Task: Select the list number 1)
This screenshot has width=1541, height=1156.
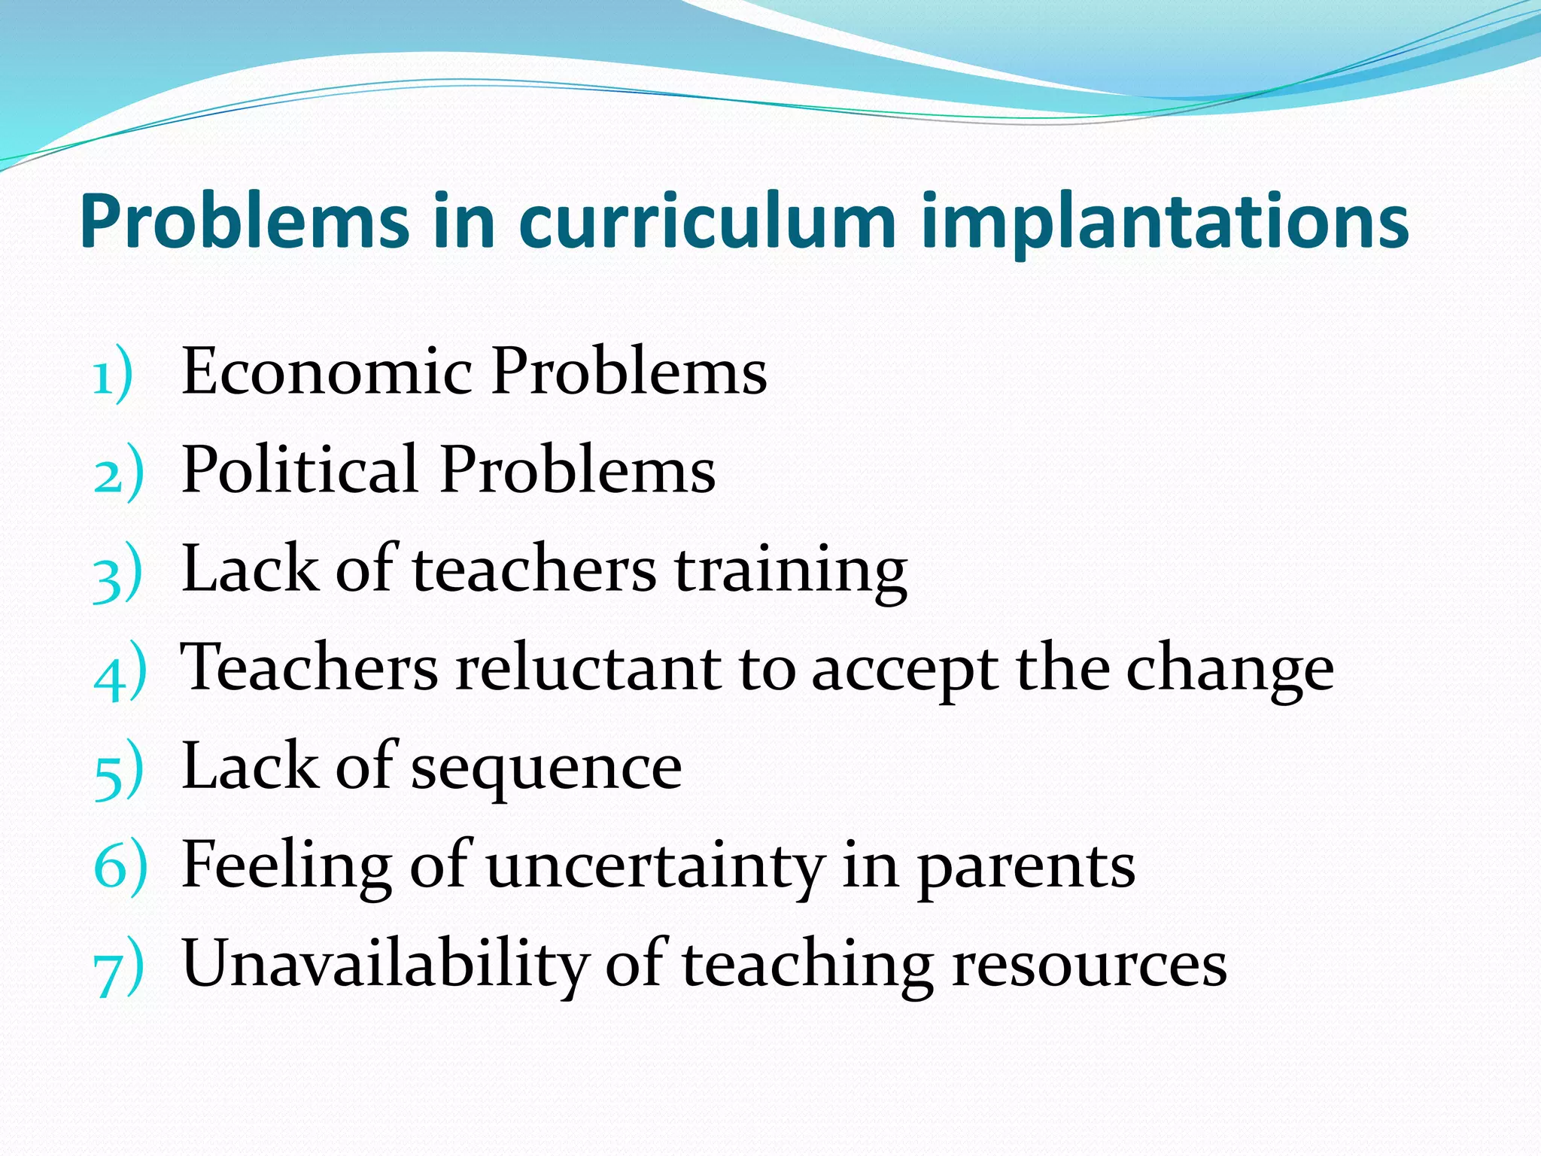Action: coord(114,374)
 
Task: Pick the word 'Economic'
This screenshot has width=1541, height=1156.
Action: coord(327,371)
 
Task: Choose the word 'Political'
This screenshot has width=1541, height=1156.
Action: coord(300,470)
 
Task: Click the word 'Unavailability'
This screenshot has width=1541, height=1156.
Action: coord(384,965)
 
